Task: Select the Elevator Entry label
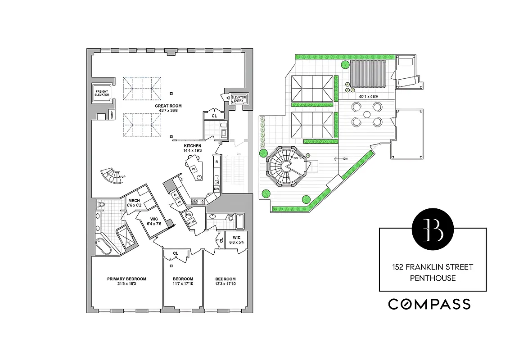(238, 99)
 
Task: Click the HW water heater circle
(189, 215)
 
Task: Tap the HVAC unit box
(192, 222)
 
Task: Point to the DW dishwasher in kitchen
(217, 189)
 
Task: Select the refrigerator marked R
(217, 161)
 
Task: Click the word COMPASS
(429, 304)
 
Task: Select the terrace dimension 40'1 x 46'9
(368, 96)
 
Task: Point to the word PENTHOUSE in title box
(433, 278)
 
